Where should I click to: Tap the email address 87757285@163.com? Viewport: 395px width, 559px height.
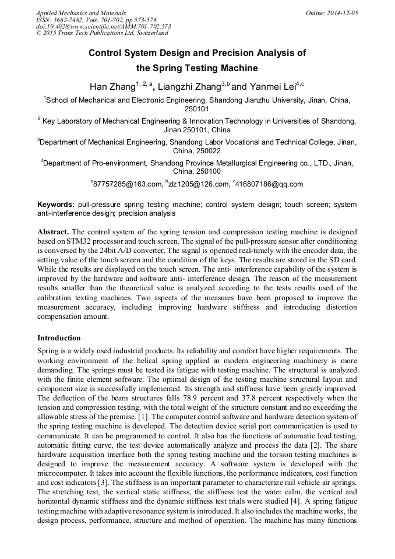(x=128, y=184)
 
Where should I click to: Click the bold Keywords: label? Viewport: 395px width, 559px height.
(x=56, y=205)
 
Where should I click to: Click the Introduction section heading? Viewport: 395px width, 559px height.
(x=59, y=338)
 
